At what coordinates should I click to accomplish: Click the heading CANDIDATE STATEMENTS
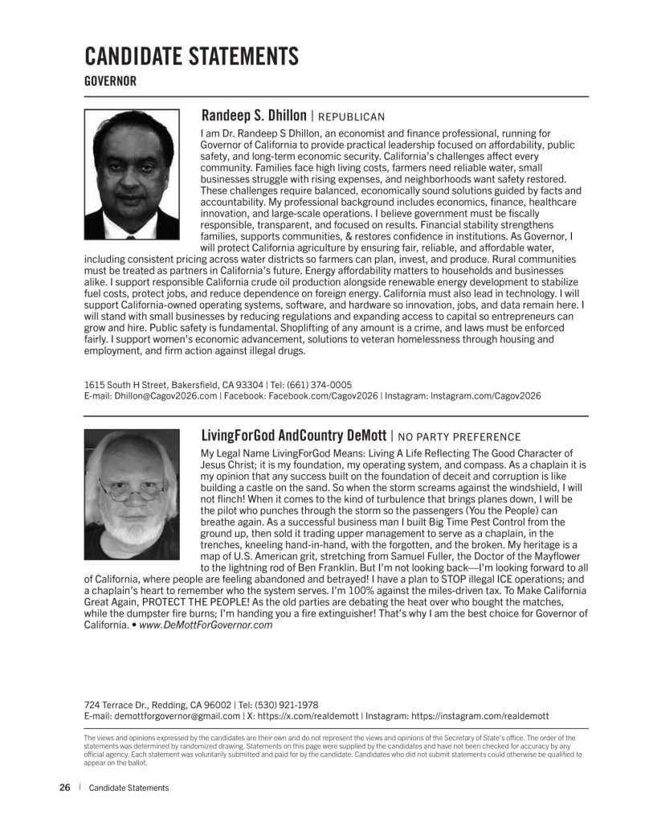click(x=191, y=56)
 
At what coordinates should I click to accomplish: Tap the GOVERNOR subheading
click(x=110, y=81)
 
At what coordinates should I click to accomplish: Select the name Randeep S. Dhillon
click(x=253, y=116)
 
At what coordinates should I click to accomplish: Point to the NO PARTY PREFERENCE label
click(x=459, y=438)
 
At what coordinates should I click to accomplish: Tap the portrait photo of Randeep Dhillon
click(x=132, y=174)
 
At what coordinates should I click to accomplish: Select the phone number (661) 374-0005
click(x=321, y=385)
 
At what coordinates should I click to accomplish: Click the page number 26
click(x=65, y=788)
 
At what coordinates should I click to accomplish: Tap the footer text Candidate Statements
click(x=129, y=788)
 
